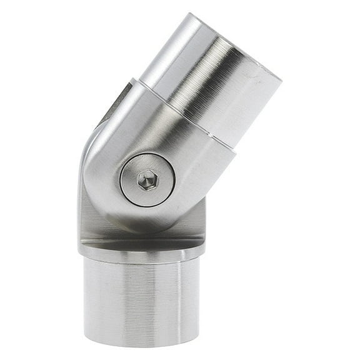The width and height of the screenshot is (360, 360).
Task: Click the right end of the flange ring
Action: point(204,247)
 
